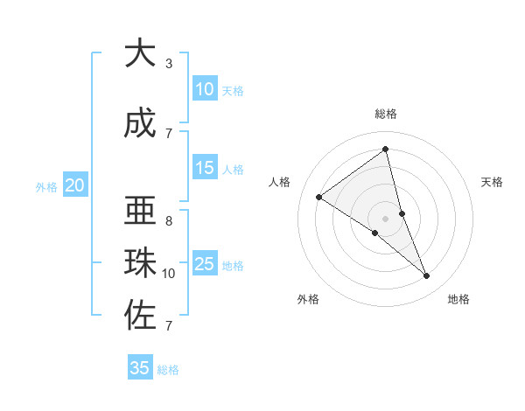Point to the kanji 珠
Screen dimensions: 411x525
point(139,264)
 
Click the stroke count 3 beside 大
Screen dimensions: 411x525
point(169,63)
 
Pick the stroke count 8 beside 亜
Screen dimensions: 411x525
point(169,220)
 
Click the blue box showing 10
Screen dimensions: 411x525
point(205,89)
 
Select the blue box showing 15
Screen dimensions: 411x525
point(205,168)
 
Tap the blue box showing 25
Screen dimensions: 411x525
point(205,264)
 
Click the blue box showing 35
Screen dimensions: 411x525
point(140,368)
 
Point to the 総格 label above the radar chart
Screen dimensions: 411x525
point(386,114)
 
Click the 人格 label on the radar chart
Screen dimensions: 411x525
point(279,182)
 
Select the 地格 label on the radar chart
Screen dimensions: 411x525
point(458,299)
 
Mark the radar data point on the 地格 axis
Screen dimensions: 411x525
point(427,276)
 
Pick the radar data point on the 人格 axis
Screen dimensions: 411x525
point(319,197)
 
